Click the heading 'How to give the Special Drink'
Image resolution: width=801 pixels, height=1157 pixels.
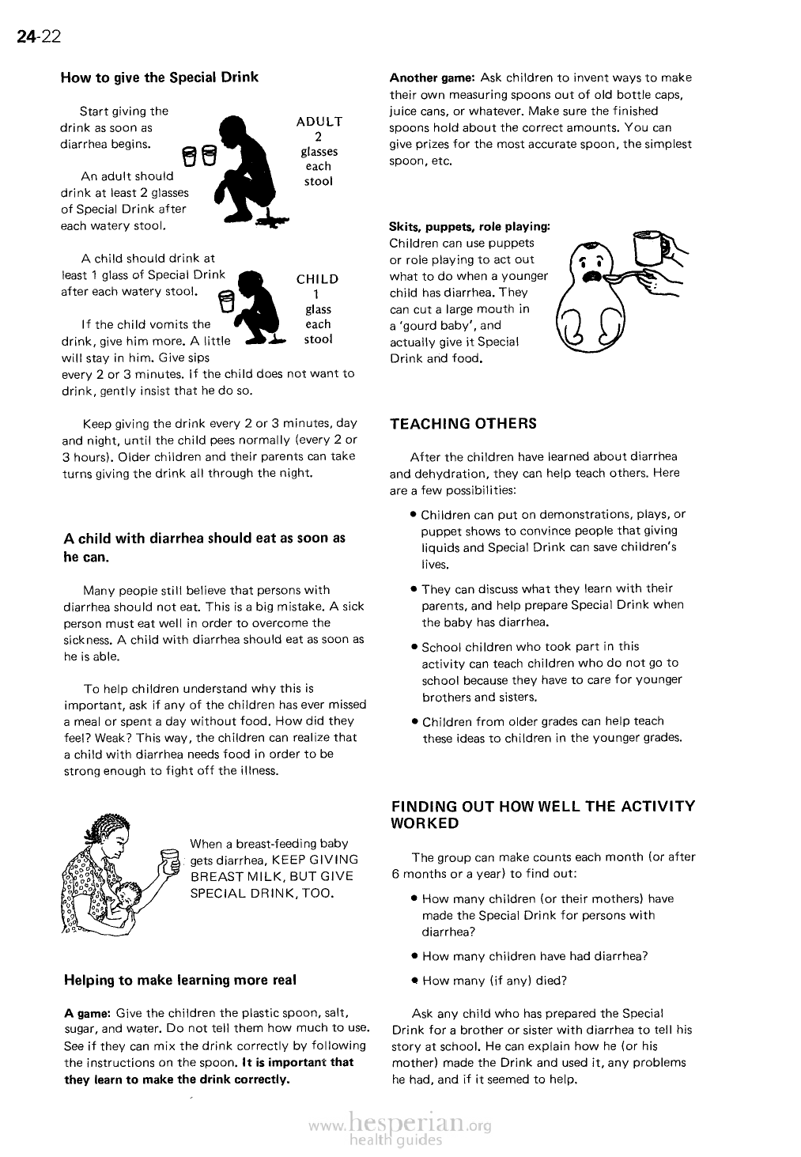pyautogui.click(x=160, y=78)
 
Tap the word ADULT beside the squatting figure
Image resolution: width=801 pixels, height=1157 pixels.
pyautogui.click(x=319, y=122)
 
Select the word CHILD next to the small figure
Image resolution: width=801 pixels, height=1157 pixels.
pyautogui.click(x=317, y=279)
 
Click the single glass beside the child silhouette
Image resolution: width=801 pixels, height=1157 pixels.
pyautogui.click(x=226, y=301)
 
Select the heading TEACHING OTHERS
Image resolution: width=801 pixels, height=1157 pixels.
pyautogui.click(x=463, y=424)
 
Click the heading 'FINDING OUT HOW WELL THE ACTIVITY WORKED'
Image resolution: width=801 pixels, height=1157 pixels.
pyautogui.click(x=543, y=815)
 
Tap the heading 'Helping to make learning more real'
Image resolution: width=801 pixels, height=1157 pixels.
pyautogui.click(x=180, y=981)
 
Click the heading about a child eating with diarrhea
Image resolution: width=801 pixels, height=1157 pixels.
pyautogui.click(x=204, y=547)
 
